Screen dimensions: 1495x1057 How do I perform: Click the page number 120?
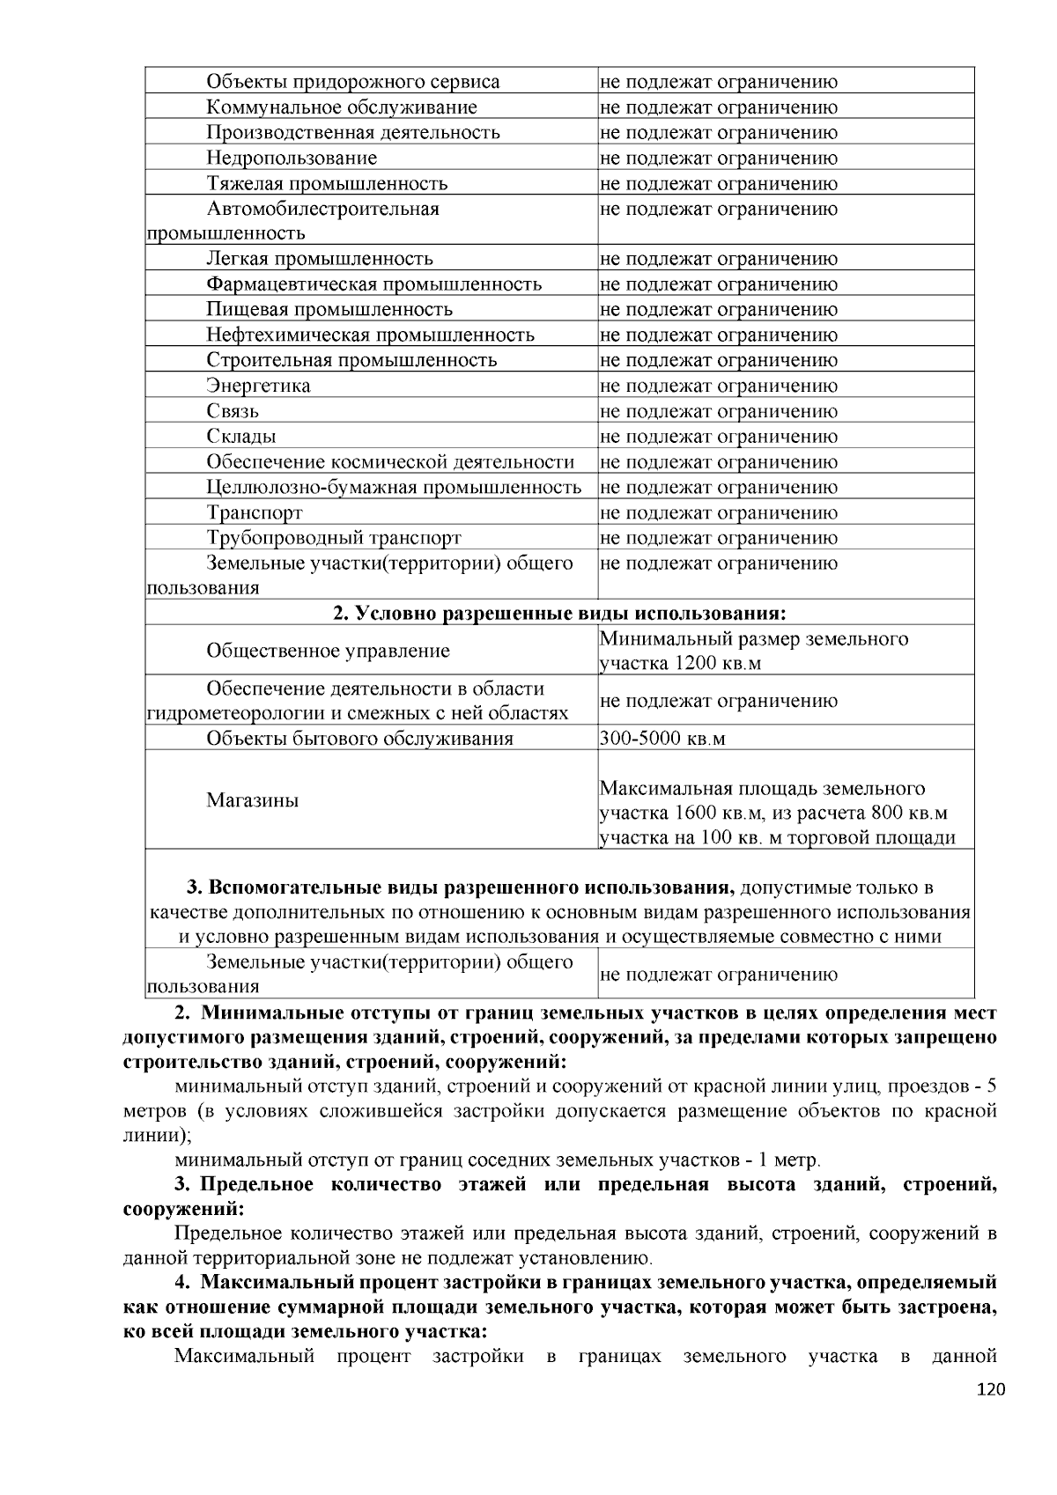[x=991, y=1389]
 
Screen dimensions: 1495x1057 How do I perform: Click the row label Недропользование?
[x=292, y=158]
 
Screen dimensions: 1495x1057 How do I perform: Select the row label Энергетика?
[x=258, y=386]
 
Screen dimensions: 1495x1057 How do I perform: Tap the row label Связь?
[x=233, y=411]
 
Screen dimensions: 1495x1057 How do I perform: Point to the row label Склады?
[x=241, y=437]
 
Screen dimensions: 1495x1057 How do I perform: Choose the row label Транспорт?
[x=255, y=512]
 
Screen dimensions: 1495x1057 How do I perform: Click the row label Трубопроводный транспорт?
[x=334, y=538]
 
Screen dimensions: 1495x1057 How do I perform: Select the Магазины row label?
[x=253, y=800]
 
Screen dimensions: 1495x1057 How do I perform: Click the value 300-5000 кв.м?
[x=662, y=738]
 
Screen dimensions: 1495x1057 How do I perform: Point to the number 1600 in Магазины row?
[x=699, y=813]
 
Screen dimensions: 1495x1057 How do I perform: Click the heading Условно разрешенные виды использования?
[x=559, y=613]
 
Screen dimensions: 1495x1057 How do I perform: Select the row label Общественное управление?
[x=328, y=651]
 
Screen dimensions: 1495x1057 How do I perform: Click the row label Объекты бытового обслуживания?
[x=359, y=738]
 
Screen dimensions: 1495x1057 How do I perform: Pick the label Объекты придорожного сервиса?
[x=353, y=82]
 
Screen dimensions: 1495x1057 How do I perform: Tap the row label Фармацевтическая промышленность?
[x=374, y=284]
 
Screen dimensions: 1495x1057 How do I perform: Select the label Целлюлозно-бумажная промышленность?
[x=394, y=487]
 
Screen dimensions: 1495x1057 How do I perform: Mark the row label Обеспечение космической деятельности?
[x=390, y=462]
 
